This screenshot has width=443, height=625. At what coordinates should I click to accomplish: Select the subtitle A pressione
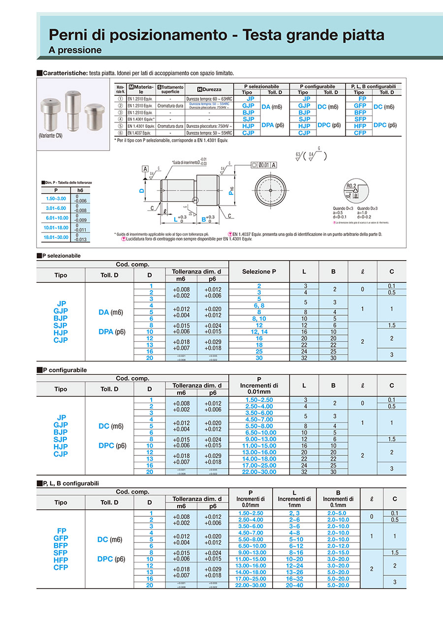[75, 50]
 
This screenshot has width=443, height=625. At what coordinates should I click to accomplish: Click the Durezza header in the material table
[209, 89]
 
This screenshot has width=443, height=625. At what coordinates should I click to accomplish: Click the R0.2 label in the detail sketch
[350, 186]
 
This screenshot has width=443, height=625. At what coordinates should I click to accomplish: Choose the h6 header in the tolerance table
[80, 190]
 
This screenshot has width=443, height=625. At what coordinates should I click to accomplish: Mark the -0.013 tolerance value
[80, 239]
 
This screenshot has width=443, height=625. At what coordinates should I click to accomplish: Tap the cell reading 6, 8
[259, 305]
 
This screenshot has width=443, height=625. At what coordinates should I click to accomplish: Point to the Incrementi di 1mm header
[294, 499]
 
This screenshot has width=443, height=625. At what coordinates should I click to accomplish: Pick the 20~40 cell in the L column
[294, 585]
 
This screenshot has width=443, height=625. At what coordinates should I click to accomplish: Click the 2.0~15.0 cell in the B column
[338, 553]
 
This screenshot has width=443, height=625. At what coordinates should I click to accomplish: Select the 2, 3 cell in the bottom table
[294, 513]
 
